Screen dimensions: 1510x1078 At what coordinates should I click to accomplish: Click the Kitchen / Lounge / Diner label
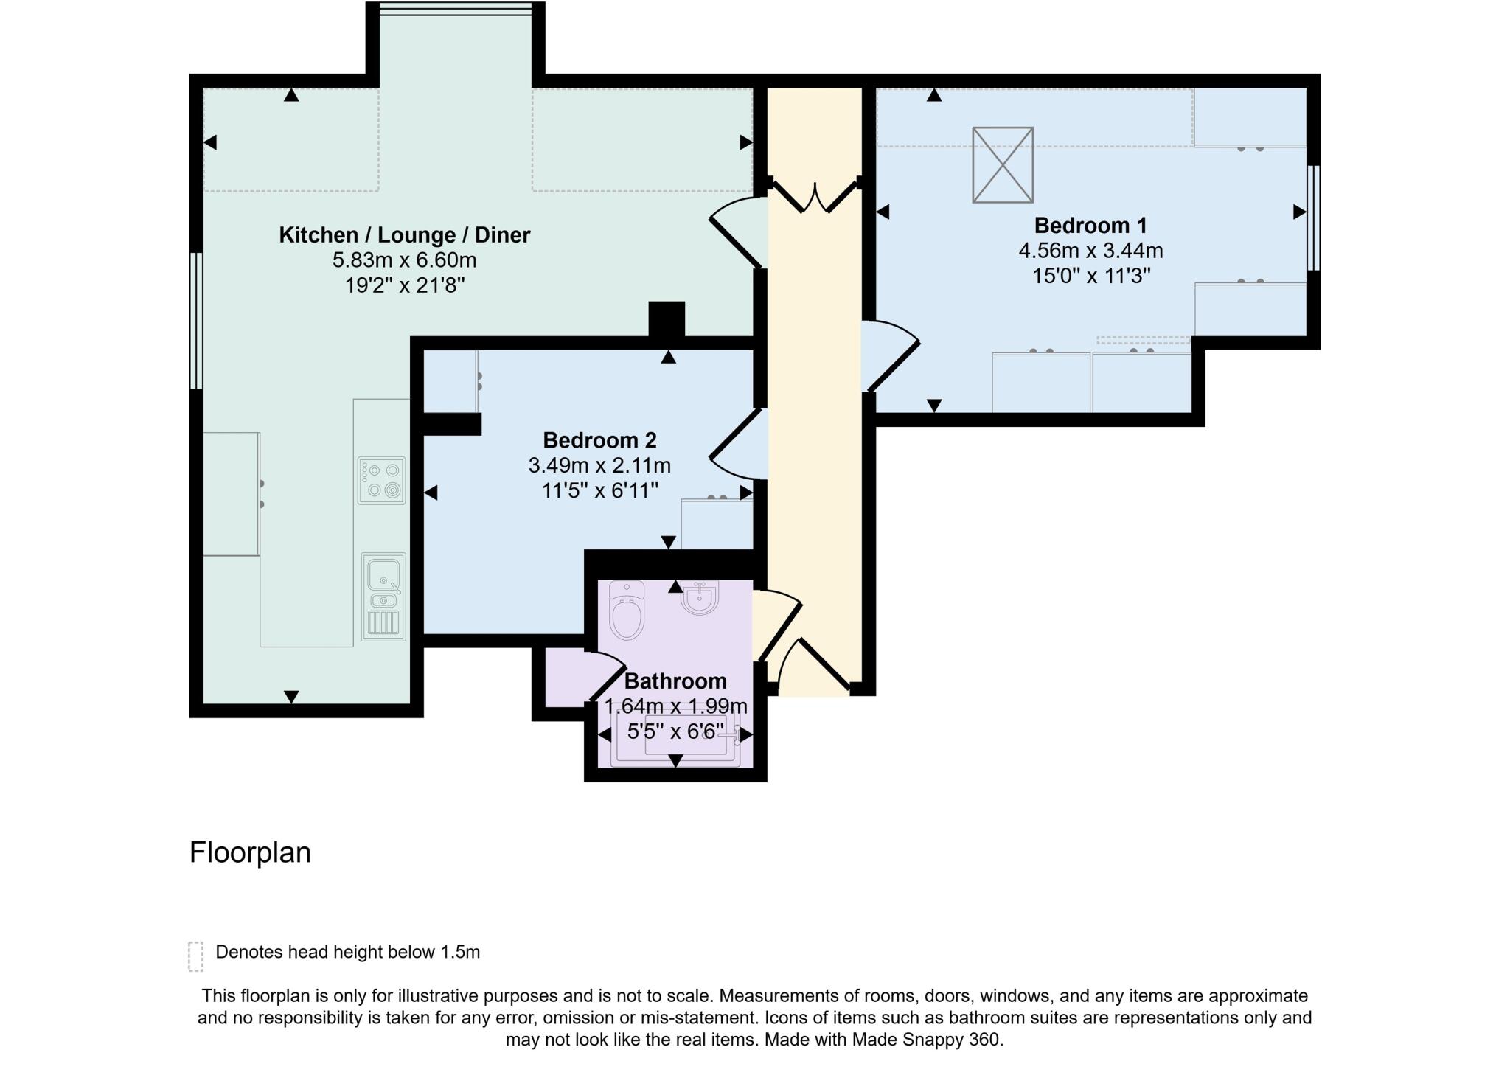point(404,235)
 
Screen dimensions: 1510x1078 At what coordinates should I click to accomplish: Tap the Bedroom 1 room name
point(1090,225)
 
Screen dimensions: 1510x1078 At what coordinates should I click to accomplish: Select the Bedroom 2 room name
point(599,440)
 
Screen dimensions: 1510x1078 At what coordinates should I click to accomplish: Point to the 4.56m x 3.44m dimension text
point(1090,251)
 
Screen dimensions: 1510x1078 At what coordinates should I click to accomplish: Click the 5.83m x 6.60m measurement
point(404,260)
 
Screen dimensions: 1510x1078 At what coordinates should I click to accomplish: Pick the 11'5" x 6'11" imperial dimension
point(599,490)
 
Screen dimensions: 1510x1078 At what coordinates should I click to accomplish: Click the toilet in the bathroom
point(627,609)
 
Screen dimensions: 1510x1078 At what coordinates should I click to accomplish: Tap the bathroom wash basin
point(700,597)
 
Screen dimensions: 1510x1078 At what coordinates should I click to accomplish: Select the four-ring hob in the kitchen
point(382,480)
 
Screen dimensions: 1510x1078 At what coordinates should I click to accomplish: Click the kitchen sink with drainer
point(383,597)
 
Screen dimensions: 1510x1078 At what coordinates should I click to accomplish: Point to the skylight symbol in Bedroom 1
point(1003,164)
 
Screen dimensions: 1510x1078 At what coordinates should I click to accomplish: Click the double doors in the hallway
point(815,196)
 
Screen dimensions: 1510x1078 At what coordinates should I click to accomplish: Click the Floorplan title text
point(250,852)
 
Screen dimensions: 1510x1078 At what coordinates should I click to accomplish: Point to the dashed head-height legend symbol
point(195,956)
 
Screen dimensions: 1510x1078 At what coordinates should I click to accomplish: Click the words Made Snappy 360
point(927,1040)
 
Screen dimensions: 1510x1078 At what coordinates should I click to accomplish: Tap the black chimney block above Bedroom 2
point(667,320)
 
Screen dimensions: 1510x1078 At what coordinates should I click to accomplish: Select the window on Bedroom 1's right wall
point(1313,218)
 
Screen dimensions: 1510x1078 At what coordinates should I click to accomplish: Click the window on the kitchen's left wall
point(196,321)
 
